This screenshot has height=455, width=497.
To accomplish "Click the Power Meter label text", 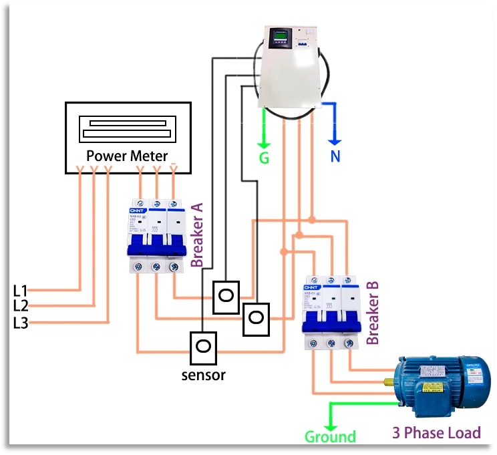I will click(126, 156).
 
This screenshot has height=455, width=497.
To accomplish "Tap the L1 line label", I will click(21, 291).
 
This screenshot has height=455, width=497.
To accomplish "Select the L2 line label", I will click(21, 307).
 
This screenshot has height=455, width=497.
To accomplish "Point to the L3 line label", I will click(21, 323).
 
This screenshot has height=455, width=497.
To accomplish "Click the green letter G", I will click(265, 159).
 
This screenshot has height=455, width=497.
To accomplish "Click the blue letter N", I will click(335, 158).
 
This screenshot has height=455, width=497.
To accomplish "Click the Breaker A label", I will click(197, 235).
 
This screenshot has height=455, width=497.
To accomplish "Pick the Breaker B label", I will click(373, 312).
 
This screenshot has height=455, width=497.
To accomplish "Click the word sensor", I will click(204, 375).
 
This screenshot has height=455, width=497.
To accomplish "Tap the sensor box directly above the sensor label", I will click(203, 347).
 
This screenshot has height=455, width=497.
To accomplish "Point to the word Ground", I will click(330, 437).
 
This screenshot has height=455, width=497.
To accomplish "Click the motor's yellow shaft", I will click(389, 382).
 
